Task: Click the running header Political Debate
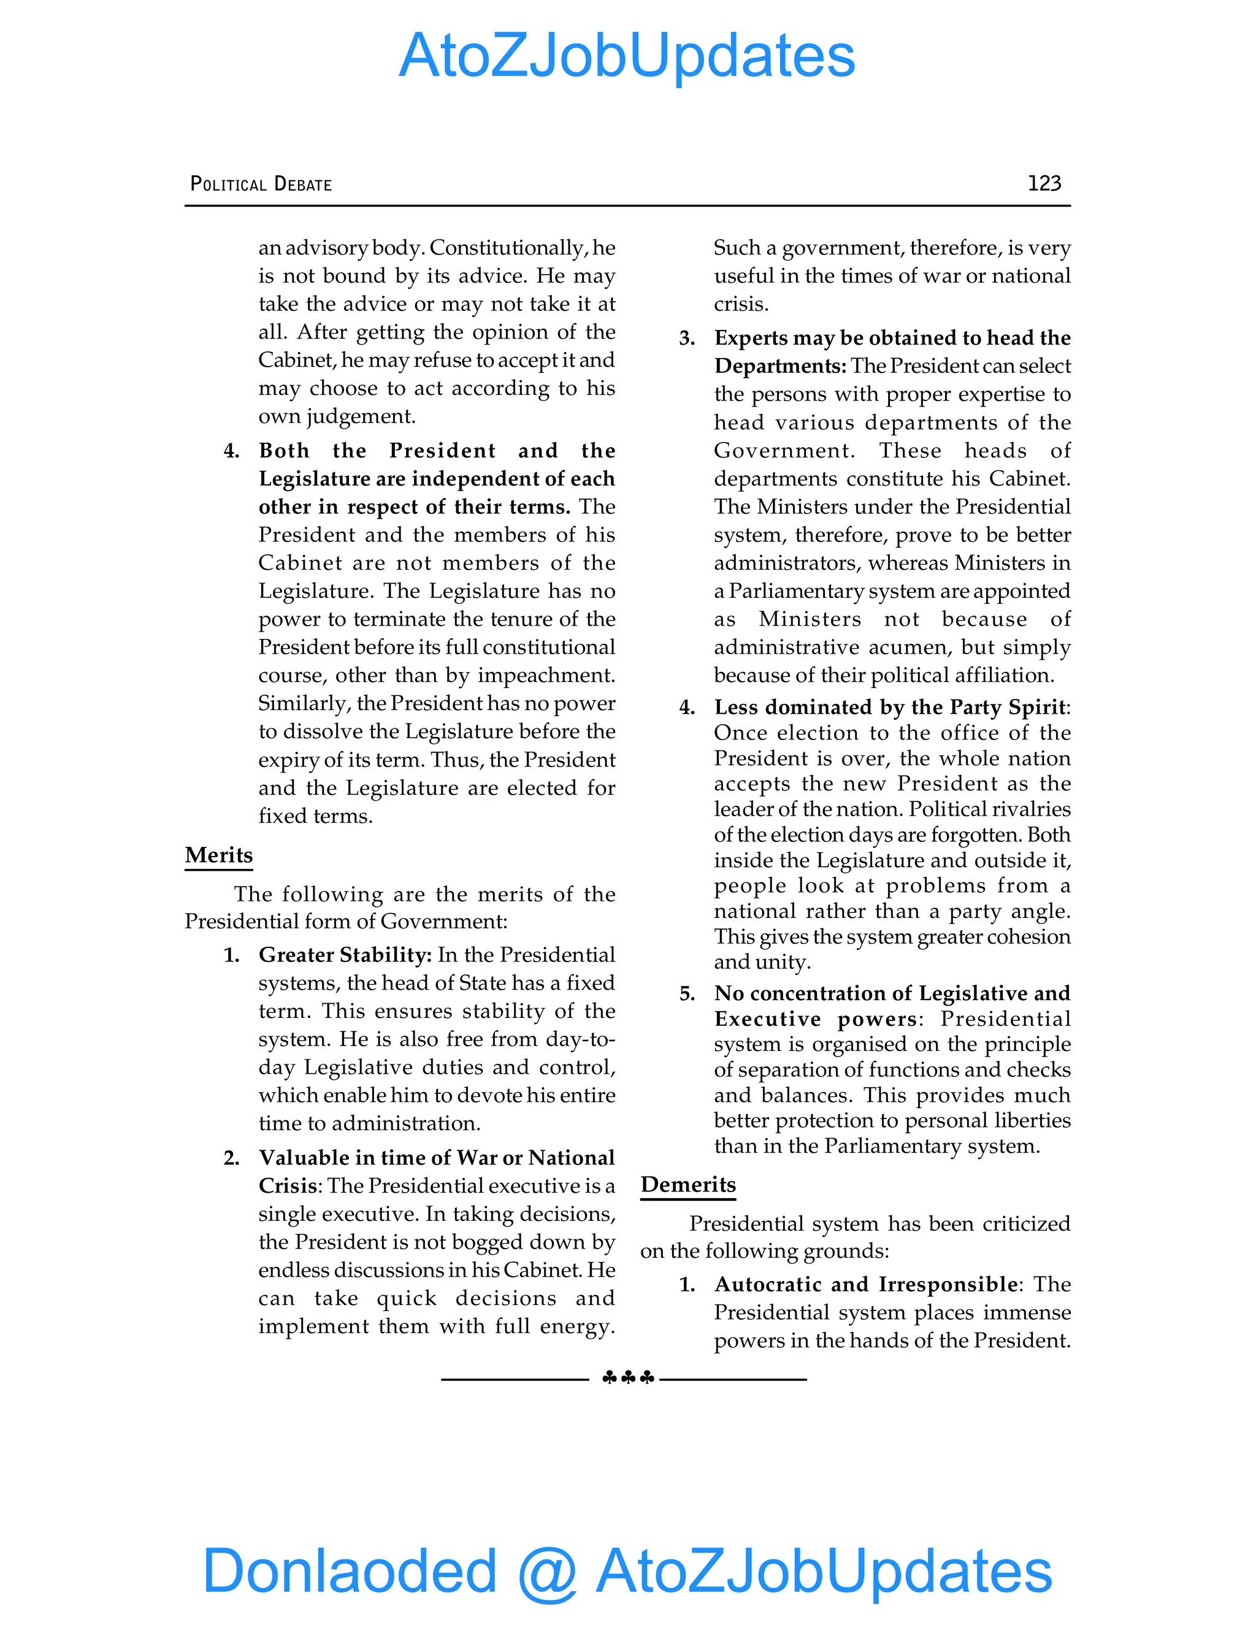click(x=261, y=184)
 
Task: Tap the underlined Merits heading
click(x=219, y=855)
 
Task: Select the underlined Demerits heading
click(x=687, y=1185)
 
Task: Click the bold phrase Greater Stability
click(x=345, y=955)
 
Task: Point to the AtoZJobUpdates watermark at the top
click(x=627, y=56)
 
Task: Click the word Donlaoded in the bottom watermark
click(x=350, y=1570)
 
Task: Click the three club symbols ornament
click(x=628, y=1378)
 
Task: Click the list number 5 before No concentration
click(x=686, y=994)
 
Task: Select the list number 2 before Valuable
click(x=231, y=1158)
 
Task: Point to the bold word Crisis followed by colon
click(x=287, y=1186)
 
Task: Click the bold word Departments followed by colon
click(x=779, y=366)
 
